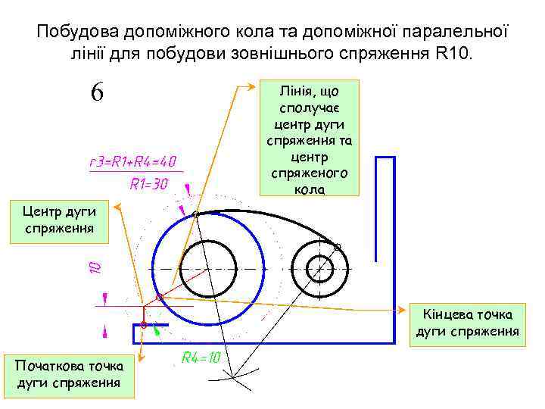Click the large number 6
click(97, 92)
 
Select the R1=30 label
click(148, 183)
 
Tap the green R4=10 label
click(201, 357)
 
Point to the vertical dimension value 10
click(95, 267)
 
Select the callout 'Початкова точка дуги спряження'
click(69, 376)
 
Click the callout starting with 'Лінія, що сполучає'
click(308, 139)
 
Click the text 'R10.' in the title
click(453, 55)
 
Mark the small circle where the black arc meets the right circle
click(337, 246)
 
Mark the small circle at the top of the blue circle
click(195, 215)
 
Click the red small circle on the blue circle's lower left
click(159, 297)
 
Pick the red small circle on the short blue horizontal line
click(143, 324)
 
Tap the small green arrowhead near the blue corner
click(157, 330)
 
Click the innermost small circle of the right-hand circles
click(321, 269)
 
